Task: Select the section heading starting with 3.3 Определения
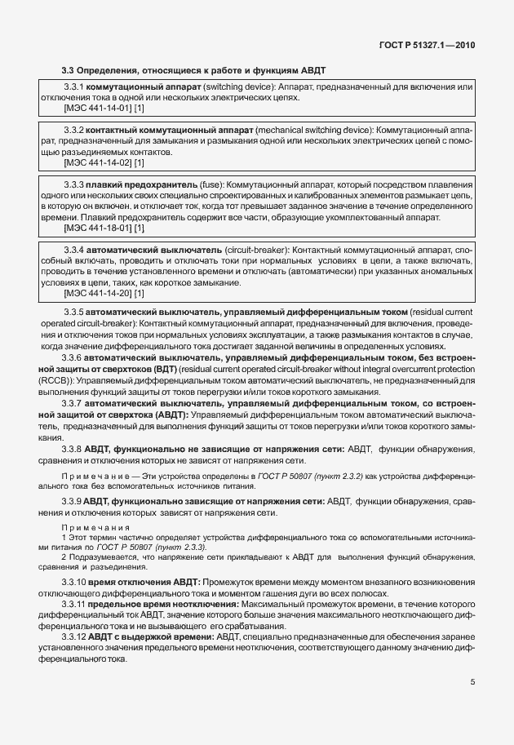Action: pyautogui.click(x=193, y=70)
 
